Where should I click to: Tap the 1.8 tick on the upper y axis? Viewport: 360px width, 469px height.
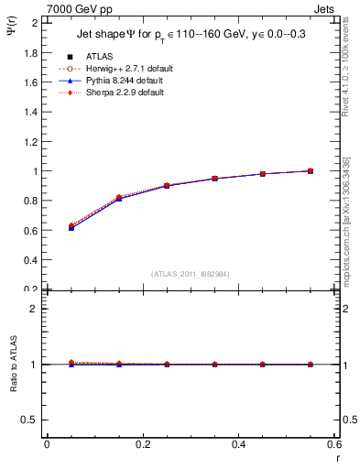point(30,52)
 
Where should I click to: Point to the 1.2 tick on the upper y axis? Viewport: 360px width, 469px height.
point(30,141)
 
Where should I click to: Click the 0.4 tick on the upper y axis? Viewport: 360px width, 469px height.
point(30,260)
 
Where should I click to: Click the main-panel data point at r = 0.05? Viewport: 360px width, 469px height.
point(71,226)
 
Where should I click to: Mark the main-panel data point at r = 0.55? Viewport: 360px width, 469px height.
point(311,170)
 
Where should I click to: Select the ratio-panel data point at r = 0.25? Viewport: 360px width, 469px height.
point(167,364)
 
